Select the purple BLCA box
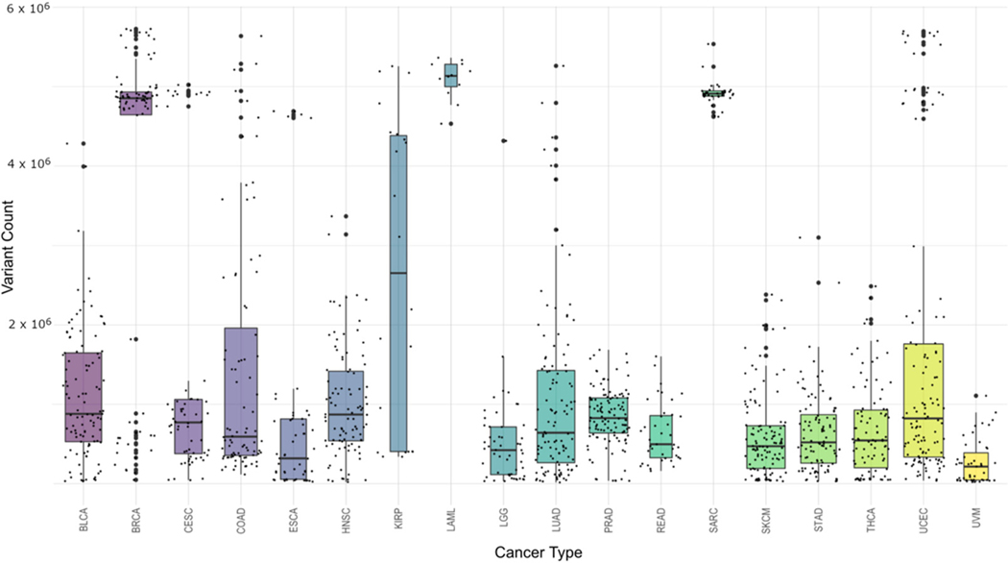pyautogui.click(x=84, y=397)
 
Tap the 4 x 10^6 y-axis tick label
pyautogui.click(x=29, y=168)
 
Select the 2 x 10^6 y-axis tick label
pyautogui.click(x=29, y=327)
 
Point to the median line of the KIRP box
pyautogui.click(x=397, y=273)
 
